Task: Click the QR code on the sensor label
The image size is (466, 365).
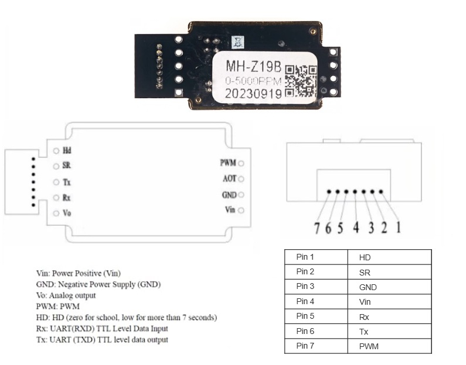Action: point(301,81)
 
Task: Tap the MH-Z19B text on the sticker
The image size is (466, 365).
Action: point(253,66)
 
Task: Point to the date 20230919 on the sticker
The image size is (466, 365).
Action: point(253,94)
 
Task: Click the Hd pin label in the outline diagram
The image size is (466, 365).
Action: point(67,151)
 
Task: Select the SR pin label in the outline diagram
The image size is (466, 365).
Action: point(67,165)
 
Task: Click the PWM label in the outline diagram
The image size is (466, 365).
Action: point(228,163)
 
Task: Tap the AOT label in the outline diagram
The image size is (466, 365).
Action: point(229,178)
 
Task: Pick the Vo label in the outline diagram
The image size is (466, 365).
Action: point(67,213)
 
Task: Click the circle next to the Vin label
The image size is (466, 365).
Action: point(241,210)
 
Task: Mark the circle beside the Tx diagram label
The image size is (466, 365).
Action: point(56,182)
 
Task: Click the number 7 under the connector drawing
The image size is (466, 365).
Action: point(317,228)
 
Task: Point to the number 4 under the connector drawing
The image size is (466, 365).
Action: point(356,228)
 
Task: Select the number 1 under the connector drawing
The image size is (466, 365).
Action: point(398,228)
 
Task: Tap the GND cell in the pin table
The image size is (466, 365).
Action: point(390,287)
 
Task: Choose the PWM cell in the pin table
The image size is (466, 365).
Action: point(390,346)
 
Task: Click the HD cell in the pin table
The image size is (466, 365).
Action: point(390,257)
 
